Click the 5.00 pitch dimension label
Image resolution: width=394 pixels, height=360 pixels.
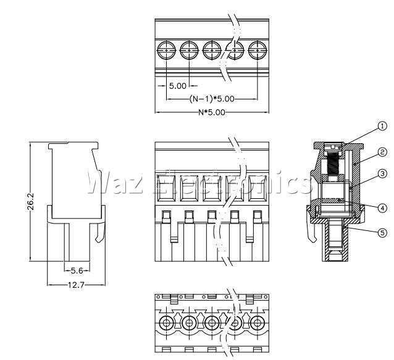178,86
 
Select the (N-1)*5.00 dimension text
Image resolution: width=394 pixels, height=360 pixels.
212,99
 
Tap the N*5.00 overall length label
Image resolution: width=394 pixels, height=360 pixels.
212,112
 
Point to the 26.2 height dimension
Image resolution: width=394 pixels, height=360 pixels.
30,201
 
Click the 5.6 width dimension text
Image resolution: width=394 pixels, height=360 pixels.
77,270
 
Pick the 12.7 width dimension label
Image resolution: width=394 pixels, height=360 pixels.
76,285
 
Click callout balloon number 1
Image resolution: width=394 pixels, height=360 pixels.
382,126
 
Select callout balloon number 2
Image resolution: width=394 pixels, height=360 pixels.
382,153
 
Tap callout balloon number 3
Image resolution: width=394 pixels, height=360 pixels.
382,174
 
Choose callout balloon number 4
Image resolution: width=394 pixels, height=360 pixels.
382,208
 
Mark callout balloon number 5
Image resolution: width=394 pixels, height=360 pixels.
382,233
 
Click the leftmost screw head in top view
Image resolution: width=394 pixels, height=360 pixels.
166,50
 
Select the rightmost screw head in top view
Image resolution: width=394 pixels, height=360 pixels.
258,50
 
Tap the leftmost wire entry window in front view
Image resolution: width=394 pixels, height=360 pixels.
166,188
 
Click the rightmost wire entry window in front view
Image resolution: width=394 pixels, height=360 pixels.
258,188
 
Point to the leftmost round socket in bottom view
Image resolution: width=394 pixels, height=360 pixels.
166,323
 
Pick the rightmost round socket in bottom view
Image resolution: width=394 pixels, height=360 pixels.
258,323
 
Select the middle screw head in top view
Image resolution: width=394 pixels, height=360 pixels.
212,50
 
